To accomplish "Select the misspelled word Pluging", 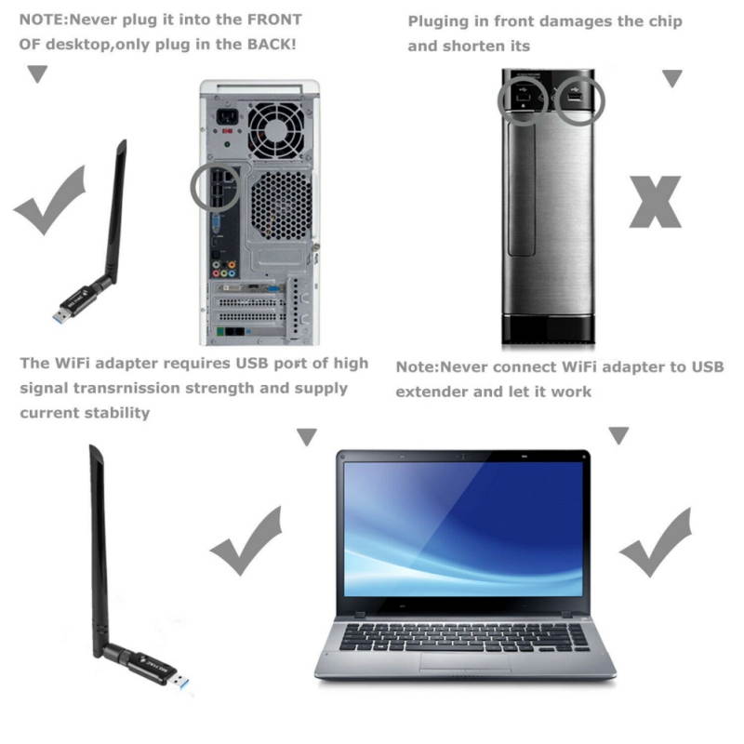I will [x=441, y=21].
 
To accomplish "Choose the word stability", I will [x=112, y=412].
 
